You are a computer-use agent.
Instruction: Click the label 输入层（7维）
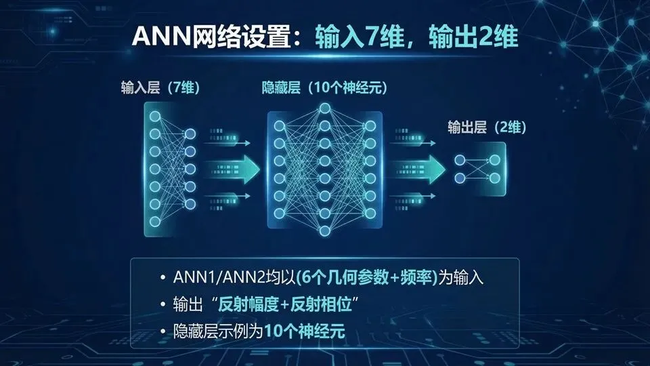[x=160, y=89]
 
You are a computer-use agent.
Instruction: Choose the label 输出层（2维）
[x=487, y=127]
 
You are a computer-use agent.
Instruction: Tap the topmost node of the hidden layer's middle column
[x=325, y=108]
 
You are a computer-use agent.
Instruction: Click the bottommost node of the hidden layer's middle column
[x=325, y=230]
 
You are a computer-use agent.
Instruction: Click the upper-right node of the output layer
[x=495, y=160]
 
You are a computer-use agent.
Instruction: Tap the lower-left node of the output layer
[x=460, y=178]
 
